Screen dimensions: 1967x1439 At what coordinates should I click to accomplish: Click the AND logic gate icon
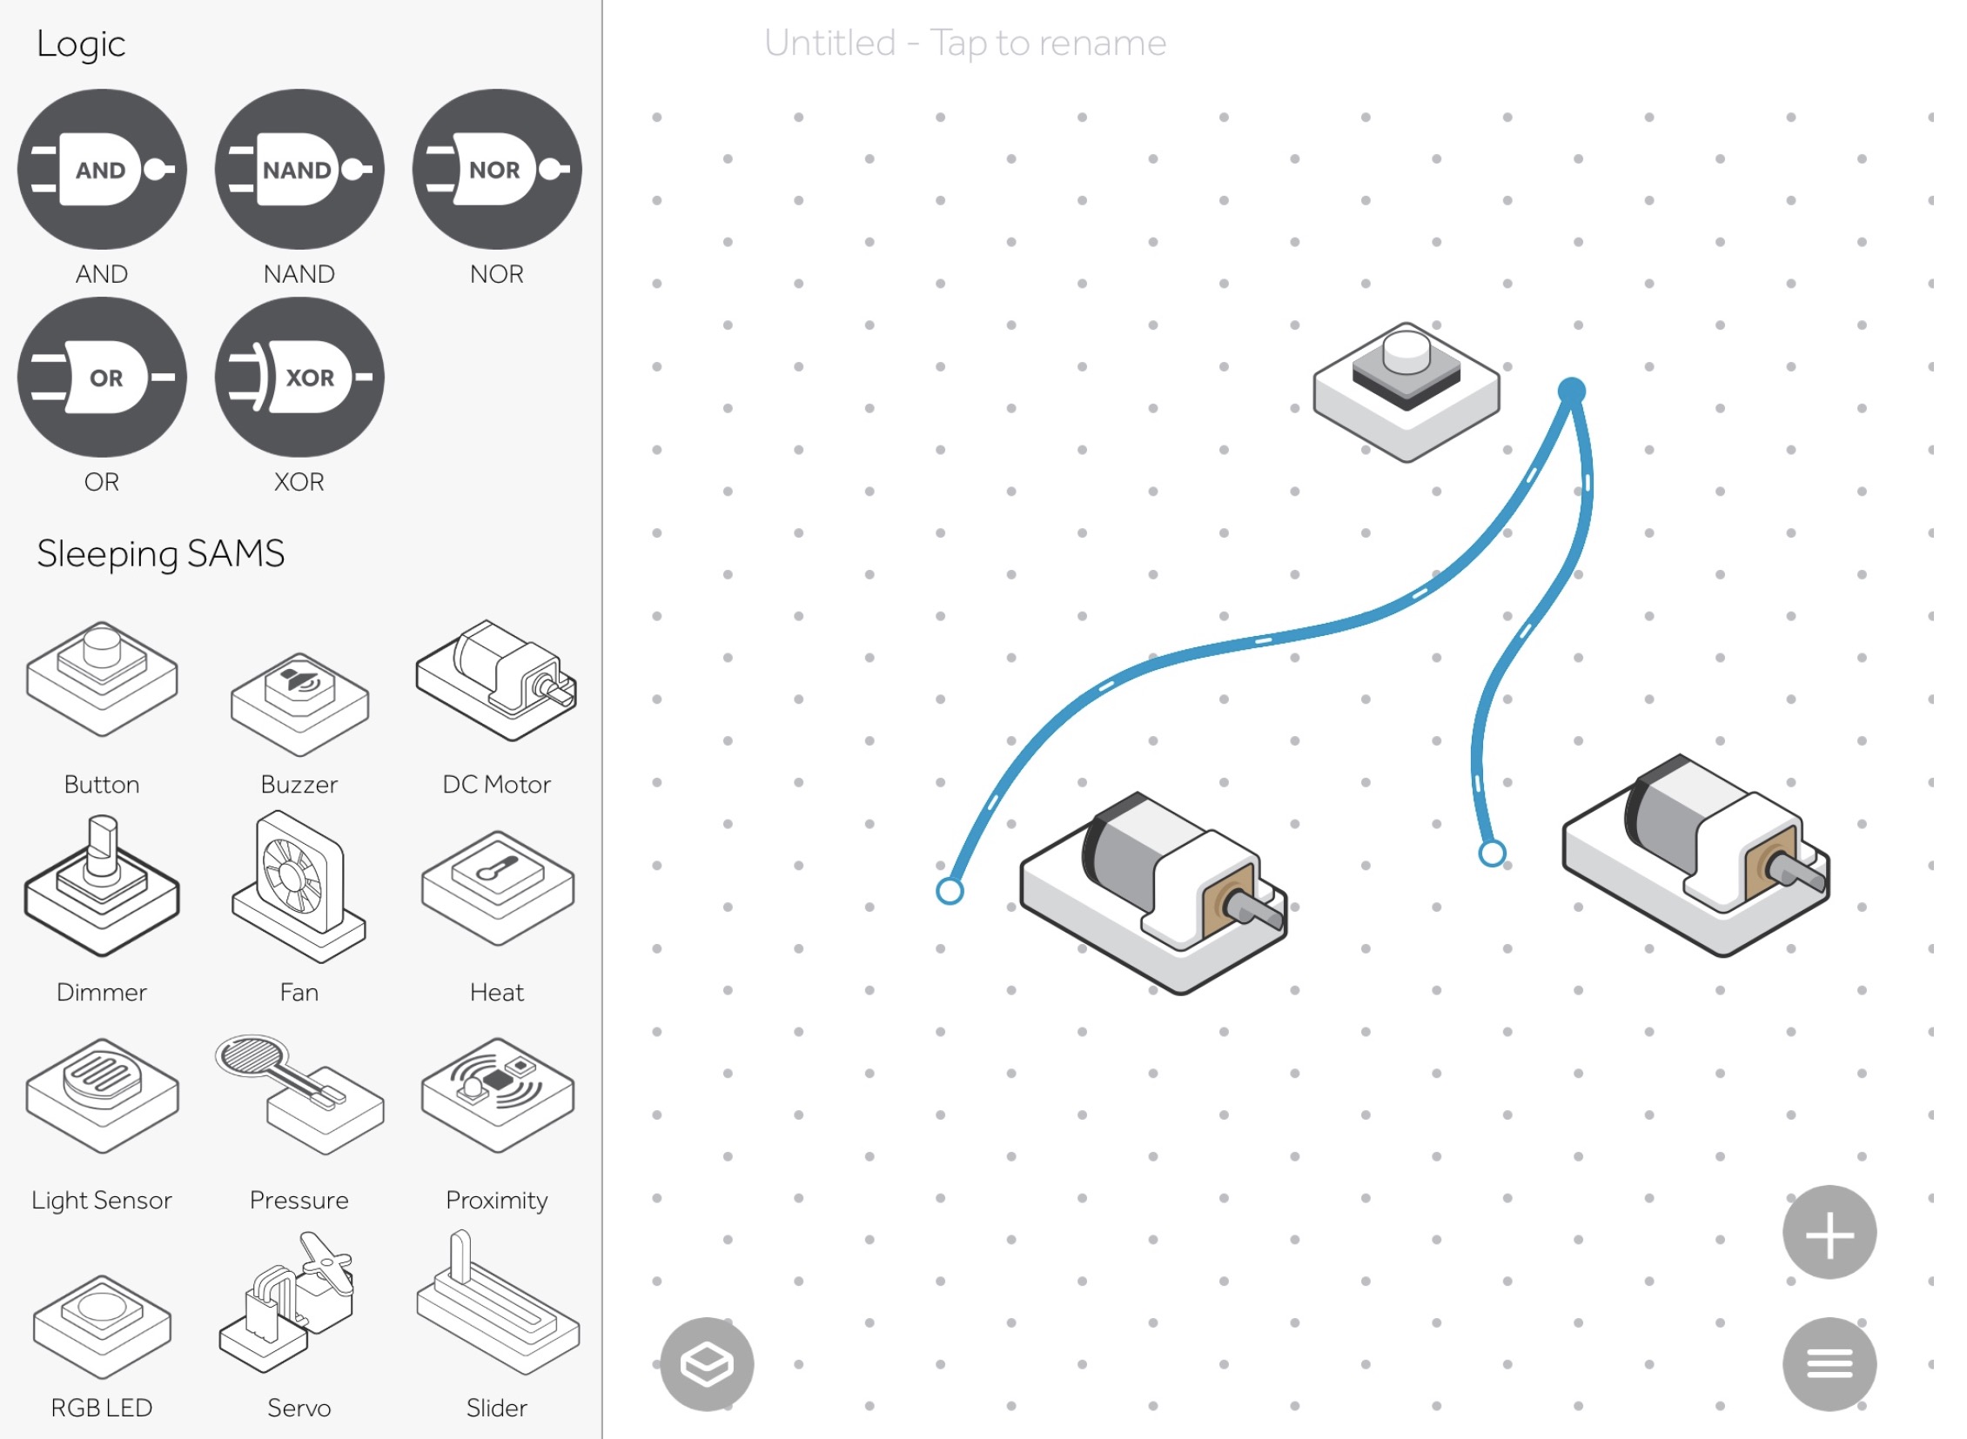[102, 169]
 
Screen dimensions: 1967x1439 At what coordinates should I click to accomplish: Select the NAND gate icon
[299, 169]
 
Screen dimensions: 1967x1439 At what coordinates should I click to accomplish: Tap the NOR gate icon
[497, 169]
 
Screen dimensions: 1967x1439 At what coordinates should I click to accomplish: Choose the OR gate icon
[102, 378]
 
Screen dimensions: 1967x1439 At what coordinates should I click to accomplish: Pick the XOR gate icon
[299, 378]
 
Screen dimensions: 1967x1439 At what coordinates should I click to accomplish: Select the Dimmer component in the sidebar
[102, 886]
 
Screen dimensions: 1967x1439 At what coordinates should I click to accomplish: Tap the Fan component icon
[299, 886]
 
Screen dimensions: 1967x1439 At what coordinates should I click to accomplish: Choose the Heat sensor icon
[498, 887]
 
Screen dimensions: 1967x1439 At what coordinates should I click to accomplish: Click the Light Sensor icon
[102, 1095]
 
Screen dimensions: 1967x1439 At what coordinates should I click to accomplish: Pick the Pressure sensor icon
[299, 1095]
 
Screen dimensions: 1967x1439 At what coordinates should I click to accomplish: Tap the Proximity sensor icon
[498, 1095]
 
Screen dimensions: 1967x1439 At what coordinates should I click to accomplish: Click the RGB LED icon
[102, 1327]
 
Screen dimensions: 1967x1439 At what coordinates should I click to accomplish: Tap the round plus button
[1829, 1233]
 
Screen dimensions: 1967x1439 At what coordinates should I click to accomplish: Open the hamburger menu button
[1829, 1364]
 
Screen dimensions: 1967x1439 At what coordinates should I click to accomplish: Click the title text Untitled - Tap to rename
[964, 43]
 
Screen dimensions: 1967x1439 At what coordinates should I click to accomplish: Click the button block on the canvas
[1406, 392]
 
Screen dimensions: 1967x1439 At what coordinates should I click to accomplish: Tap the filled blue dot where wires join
[1571, 392]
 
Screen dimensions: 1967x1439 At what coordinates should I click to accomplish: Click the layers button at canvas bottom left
[707, 1364]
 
